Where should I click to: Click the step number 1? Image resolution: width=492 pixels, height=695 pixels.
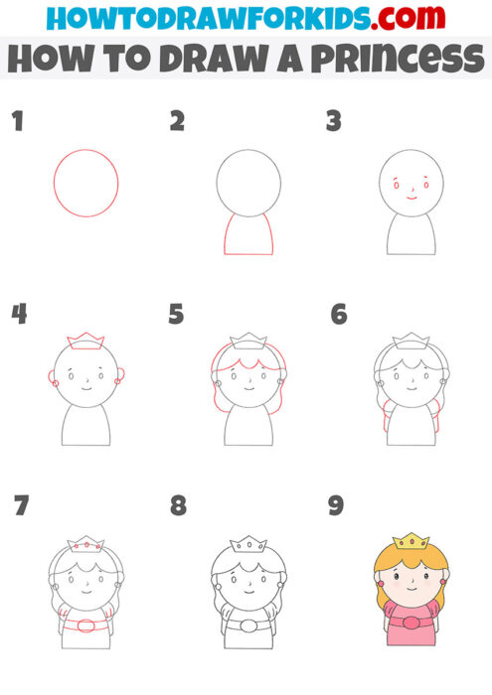(x=17, y=122)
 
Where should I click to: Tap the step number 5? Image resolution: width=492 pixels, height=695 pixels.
(x=177, y=315)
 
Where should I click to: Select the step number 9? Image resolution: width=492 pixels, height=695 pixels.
(x=336, y=505)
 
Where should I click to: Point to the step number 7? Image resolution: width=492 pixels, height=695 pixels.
(x=21, y=505)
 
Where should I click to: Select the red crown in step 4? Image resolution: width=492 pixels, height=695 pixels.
(x=85, y=341)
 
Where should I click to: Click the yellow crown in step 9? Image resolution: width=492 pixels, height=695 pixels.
(x=410, y=541)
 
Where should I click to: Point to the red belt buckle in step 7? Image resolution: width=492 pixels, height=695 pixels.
(x=86, y=625)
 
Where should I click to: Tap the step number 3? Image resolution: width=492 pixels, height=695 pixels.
(x=334, y=122)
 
